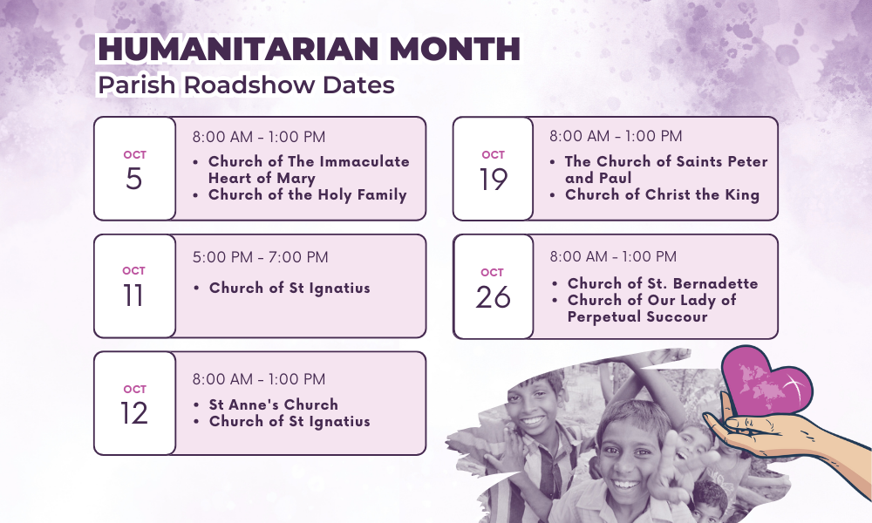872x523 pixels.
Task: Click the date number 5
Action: [x=134, y=179]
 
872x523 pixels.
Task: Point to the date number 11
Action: [x=133, y=295]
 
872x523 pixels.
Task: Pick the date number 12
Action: [x=134, y=413]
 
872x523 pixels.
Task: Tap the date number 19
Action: [x=494, y=180]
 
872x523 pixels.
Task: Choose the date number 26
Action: [x=493, y=296]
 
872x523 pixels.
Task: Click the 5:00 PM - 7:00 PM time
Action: [x=260, y=257]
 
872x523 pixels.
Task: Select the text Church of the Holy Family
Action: [x=308, y=195]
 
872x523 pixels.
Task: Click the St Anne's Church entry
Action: [x=274, y=404]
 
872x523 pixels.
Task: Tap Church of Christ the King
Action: [x=663, y=195]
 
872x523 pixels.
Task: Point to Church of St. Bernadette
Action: [x=663, y=283]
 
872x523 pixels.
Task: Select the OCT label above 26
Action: [x=492, y=272]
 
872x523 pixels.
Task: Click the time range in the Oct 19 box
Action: [x=616, y=136]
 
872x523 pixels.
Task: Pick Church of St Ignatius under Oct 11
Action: [x=290, y=289]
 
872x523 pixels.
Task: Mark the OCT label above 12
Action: [x=134, y=389]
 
